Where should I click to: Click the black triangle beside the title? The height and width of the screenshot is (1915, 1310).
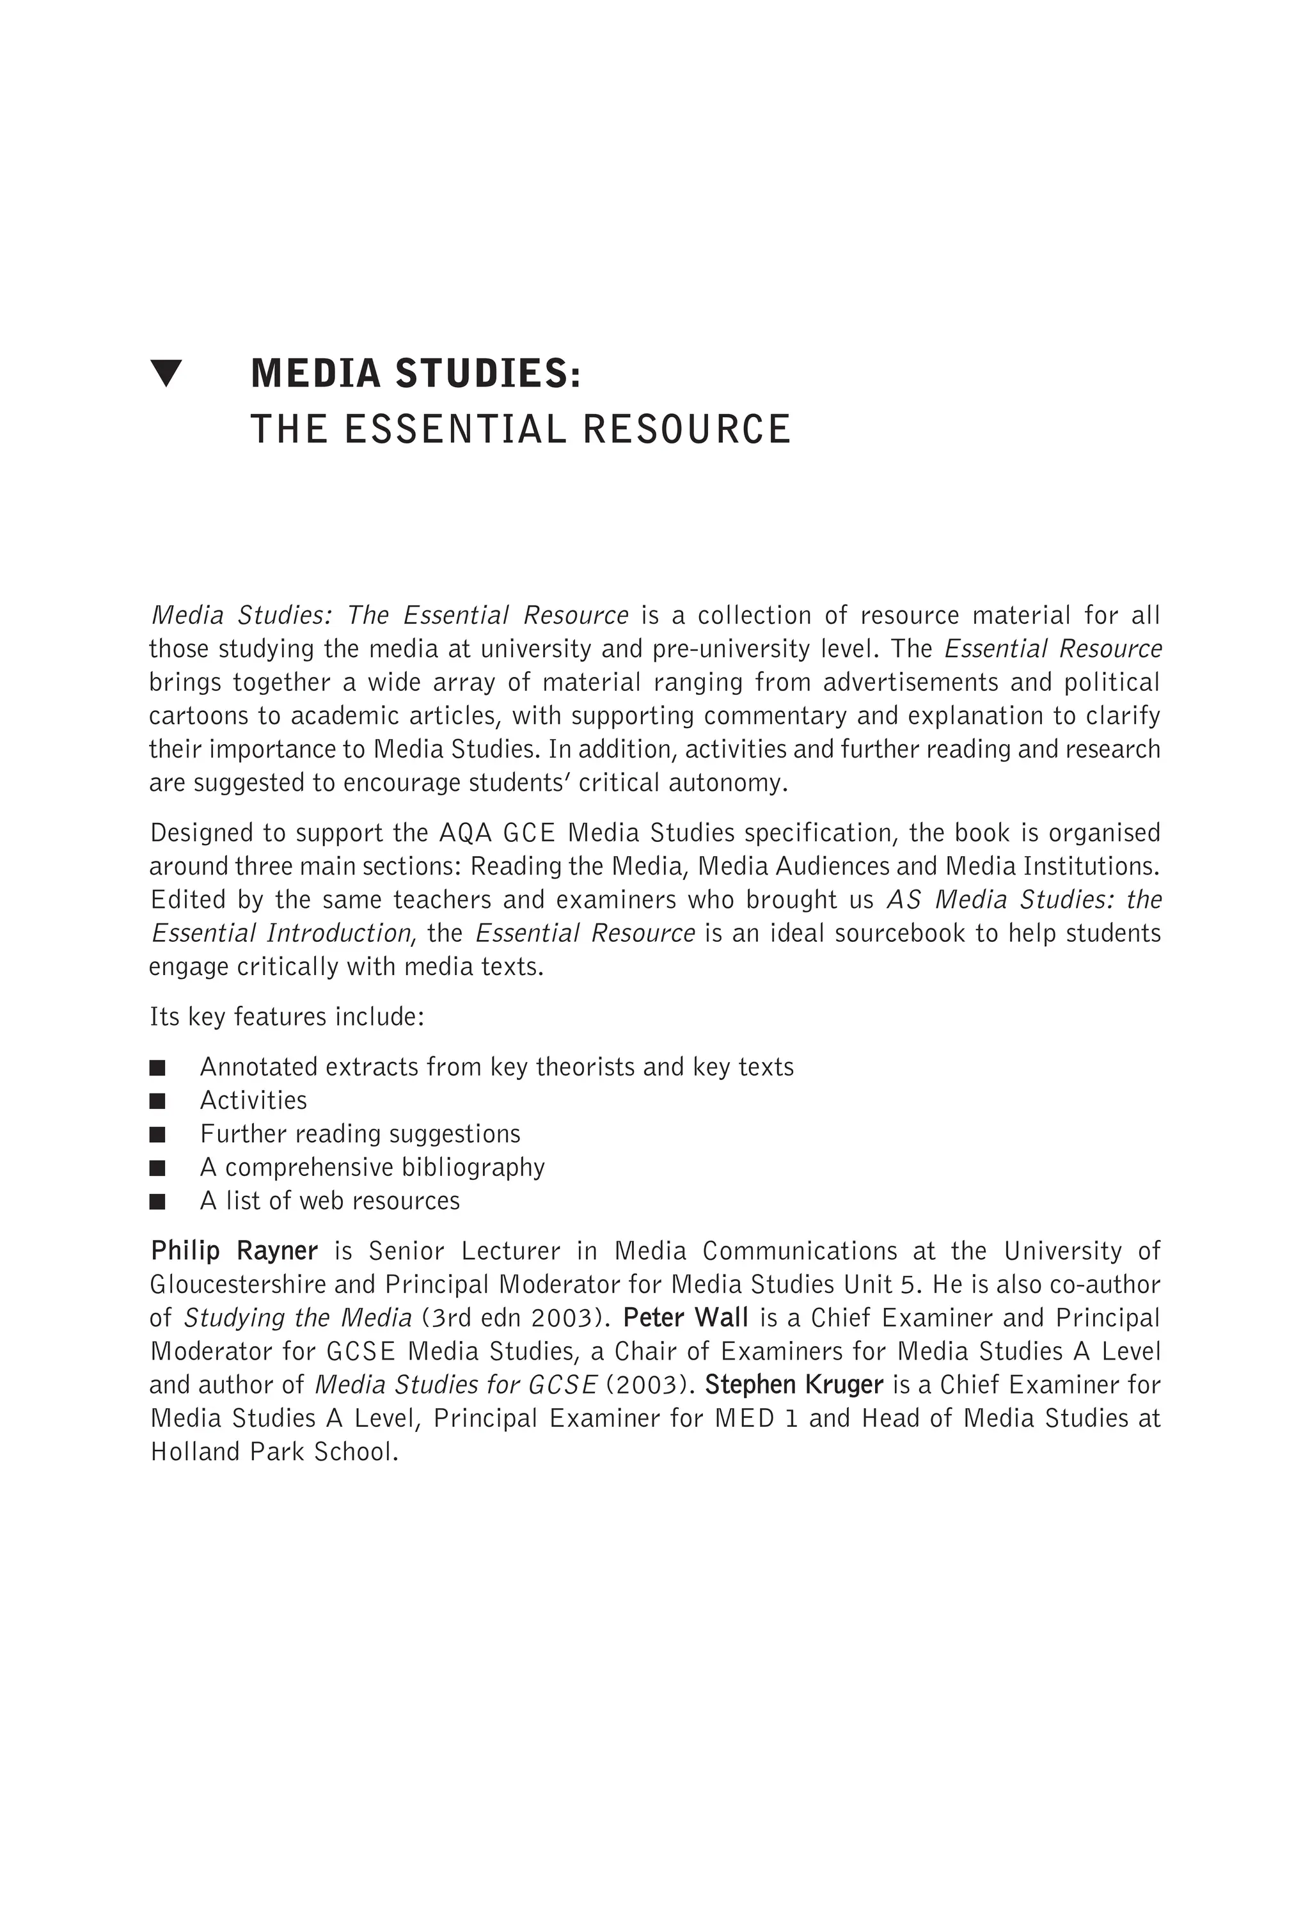tap(166, 373)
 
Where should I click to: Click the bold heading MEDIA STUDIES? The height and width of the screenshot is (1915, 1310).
tap(415, 373)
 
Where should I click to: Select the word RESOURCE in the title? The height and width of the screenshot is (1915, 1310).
tap(687, 430)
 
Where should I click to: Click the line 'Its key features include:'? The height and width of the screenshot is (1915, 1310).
tap(287, 1017)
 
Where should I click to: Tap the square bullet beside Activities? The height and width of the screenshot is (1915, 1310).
tap(157, 1101)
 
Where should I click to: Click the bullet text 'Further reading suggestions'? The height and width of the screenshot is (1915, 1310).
tap(360, 1134)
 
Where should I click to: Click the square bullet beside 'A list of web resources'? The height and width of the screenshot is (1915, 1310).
tap(157, 1202)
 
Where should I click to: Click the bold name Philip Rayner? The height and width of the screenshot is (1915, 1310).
tap(234, 1252)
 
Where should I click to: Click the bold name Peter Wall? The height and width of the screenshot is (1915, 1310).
tap(686, 1319)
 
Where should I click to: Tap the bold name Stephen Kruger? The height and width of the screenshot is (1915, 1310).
tap(793, 1385)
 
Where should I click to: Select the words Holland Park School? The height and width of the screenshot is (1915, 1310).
tap(274, 1452)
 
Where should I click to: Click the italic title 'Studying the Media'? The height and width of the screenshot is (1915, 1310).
tap(297, 1319)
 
